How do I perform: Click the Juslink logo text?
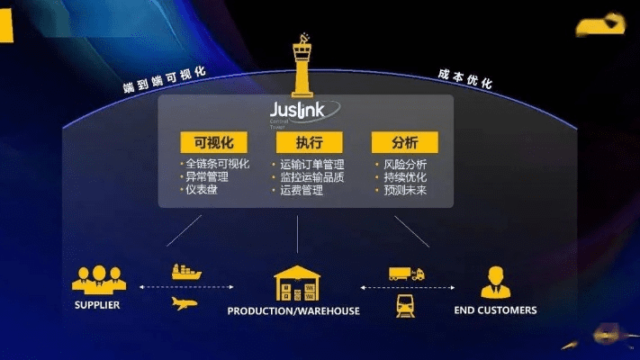303,111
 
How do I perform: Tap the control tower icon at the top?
302,65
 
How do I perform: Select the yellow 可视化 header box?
208,143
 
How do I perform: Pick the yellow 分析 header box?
405,143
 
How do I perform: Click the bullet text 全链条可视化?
217,165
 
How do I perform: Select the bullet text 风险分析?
403,165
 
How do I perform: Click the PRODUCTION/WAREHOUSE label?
293,311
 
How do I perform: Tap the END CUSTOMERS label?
495,310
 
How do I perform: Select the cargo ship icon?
187,271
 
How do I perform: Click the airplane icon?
184,302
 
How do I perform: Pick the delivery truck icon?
406,273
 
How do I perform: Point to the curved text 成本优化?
465,79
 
